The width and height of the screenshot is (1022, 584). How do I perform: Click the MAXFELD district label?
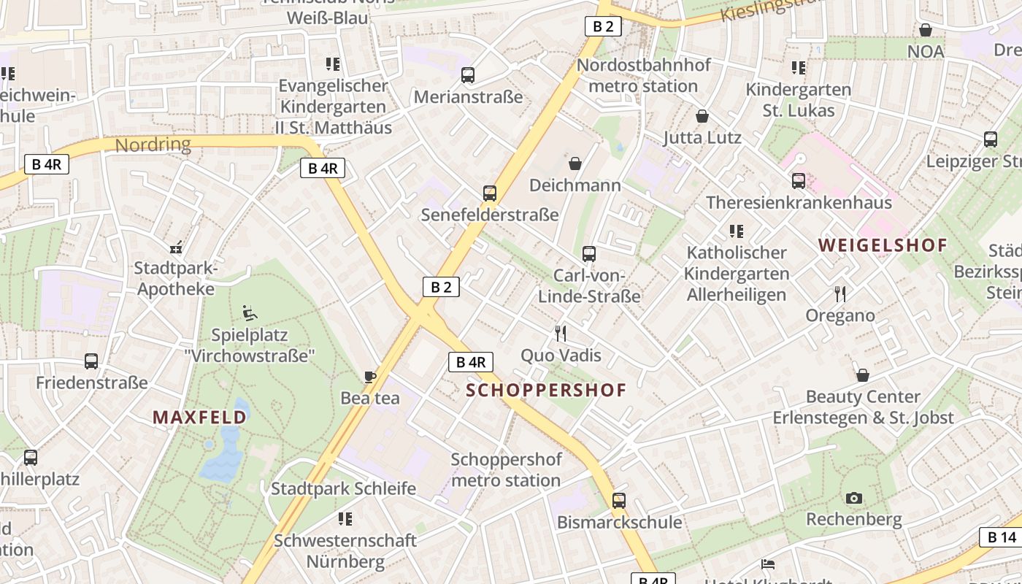pos(199,418)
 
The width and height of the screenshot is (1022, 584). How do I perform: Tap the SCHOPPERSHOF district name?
pos(546,390)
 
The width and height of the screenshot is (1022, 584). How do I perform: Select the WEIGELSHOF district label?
pos(883,245)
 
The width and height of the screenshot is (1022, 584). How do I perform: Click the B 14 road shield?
pos(1002,537)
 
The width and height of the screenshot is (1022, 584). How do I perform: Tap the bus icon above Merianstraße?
pos(468,75)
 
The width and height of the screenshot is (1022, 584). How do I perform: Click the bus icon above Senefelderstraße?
pos(490,193)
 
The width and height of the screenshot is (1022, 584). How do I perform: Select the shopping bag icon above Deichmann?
pos(575,163)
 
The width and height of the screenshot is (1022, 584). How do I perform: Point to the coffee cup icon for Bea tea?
pos(370,377)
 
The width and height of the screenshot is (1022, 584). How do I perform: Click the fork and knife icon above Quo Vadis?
pos(561,334)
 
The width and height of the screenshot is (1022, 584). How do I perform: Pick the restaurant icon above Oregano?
pos(840,294)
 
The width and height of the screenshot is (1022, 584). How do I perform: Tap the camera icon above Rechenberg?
pos(853,499)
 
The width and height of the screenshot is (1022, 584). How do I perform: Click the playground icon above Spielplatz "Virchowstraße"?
pos(250,314)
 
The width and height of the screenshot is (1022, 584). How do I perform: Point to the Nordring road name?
pos(153,144)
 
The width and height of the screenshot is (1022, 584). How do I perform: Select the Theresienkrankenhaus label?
pos(799,202)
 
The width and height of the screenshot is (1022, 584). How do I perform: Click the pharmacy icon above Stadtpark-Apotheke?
pos(175,247)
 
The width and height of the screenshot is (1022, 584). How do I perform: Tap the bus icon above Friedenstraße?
pos(91,361)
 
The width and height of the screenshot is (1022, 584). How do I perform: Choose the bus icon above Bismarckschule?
pos(619,501)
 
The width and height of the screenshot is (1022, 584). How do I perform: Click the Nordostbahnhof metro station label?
pos(643,75)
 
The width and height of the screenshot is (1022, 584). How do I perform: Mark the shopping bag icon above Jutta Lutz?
pos(702,116)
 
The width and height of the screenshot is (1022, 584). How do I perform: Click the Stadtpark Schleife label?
pos(343,488)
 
